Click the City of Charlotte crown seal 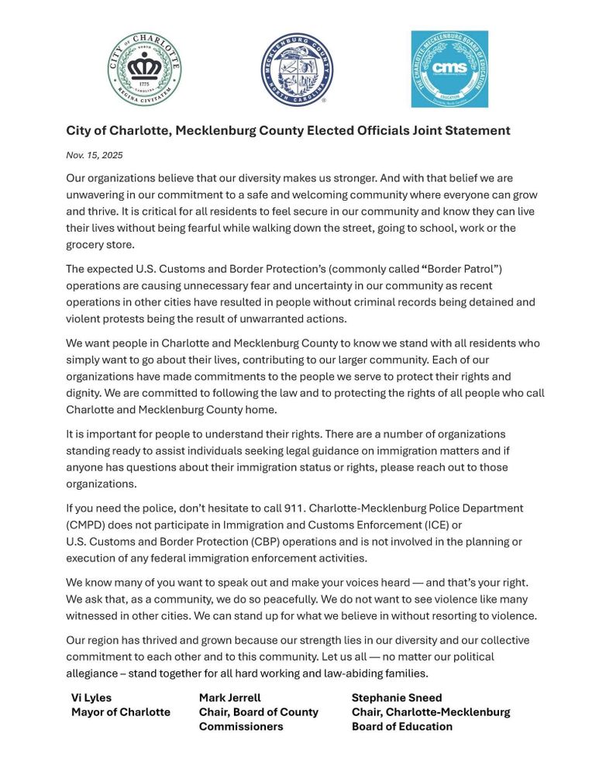(144, 69)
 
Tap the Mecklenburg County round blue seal (297, 69)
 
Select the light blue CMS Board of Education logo (449, 69)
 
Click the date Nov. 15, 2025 (95, 155)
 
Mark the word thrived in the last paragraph (170, 640)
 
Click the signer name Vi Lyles (91, 697)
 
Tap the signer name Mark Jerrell (230, 697)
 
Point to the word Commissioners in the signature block (241, 726)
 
